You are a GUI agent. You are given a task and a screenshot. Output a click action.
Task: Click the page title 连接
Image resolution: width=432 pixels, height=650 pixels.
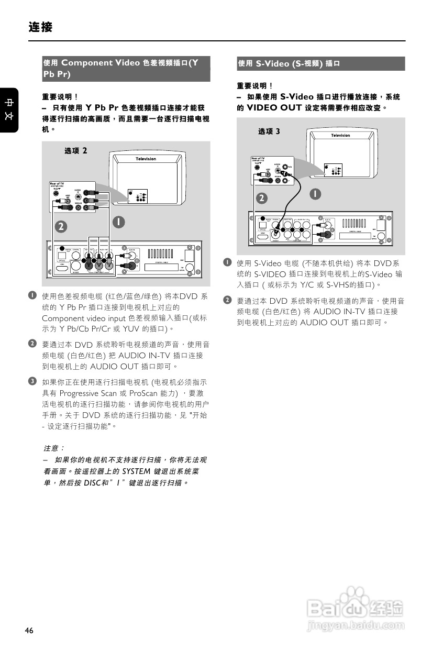point(41,27)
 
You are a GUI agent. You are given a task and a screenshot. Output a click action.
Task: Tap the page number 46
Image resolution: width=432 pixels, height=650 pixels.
point(29,631)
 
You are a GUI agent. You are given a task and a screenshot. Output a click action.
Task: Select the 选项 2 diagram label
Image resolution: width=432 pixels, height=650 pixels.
point(76,151)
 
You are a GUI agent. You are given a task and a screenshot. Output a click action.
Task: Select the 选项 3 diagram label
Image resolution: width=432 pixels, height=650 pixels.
point(269,131)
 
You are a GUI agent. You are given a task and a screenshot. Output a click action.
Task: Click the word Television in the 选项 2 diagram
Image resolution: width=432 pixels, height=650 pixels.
point(146,159)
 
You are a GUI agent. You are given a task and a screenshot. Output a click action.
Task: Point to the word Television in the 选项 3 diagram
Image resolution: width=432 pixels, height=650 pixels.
point(340,136)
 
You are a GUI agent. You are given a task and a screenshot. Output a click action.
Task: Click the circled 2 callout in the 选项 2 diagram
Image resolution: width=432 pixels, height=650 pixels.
point(62,226)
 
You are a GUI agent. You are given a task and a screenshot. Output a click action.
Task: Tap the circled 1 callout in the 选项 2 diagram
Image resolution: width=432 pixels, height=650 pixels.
point(119,222)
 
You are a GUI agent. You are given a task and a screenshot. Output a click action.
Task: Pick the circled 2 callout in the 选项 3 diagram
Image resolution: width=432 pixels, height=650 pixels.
point(262,198)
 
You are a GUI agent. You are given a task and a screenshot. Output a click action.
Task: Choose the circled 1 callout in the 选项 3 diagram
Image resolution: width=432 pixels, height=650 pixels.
point(315,194)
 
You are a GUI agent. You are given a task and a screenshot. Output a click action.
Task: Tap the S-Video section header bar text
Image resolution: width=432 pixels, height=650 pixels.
point(289,63)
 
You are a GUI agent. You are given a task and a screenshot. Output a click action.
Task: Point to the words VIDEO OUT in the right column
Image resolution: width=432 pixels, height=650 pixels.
point(274,108)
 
